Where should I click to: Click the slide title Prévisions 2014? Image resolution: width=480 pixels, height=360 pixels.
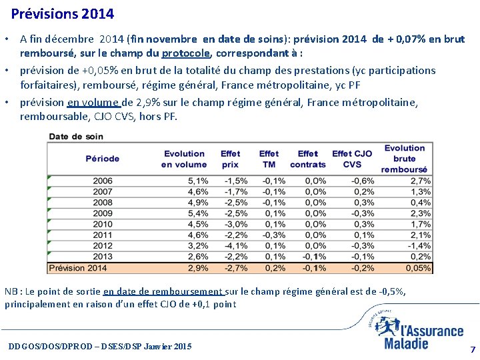pos(63,13)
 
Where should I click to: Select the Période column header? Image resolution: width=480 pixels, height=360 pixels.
pos(103,159)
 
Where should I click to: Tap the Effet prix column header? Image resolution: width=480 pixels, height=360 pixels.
pos(230,159)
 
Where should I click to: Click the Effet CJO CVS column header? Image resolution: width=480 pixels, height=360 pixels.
pos(352,159)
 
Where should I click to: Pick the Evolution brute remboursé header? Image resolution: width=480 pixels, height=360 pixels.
pos(404,159)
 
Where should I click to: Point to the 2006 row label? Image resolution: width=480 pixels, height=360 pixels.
pos(103,181)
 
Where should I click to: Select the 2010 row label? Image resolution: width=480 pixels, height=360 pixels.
pos(103,225)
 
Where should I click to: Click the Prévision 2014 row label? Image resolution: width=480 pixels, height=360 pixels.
pos(78,268)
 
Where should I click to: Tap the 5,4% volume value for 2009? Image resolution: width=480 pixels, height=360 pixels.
pos(198,214)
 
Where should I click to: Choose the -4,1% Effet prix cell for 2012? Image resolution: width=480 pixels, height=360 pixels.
pos(236,246)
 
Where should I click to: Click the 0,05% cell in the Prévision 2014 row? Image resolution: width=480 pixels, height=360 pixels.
pos(417,268)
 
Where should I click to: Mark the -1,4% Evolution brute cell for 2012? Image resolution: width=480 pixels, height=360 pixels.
pos(420,246)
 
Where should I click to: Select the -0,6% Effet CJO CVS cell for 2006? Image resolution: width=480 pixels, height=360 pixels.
pos(363,181)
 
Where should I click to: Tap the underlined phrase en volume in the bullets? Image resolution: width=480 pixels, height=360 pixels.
pos(94,103)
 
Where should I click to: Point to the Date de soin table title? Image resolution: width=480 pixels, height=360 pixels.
pos(76,137)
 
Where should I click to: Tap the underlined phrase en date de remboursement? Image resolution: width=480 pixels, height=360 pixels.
pos(164,291)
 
